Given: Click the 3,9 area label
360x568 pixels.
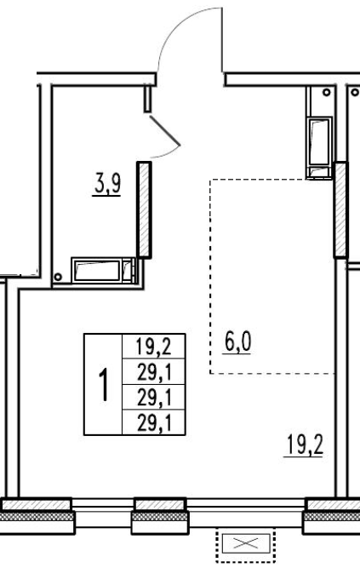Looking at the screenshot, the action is click(106, 185).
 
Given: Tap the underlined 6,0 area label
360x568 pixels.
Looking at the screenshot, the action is click(237, 342).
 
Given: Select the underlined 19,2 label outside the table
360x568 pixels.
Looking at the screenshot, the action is click(304, 445).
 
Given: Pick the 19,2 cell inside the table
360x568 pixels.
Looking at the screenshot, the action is click(153, 347).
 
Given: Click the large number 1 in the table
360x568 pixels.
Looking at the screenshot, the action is click(104, 384).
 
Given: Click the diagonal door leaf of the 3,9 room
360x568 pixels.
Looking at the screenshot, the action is click(165, 131).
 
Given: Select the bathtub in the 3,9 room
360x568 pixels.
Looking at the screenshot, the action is click(98, 270).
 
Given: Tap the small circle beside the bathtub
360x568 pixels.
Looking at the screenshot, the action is click(58, 277).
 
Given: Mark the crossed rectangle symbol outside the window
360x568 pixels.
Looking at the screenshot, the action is click(246, 543).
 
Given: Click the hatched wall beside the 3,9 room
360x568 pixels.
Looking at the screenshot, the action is click(144, 210).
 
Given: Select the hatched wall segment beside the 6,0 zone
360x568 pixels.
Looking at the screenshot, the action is click(340, 210).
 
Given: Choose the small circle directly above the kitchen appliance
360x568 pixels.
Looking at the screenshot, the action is click(327, 92).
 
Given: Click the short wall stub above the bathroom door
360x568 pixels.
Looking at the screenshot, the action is click(147, 98).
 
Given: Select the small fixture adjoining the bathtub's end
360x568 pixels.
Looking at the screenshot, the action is click(129, 270).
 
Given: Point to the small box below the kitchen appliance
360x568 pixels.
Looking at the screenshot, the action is click(318, 172).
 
